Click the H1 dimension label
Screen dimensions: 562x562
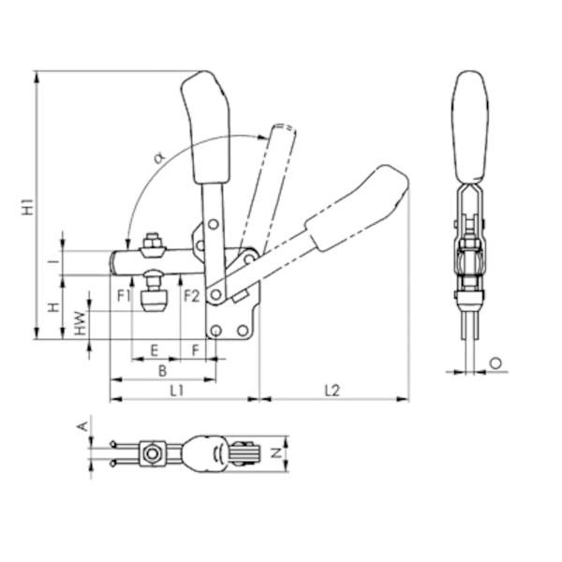coord(28,206)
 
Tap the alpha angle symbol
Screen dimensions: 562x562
coord(159,157)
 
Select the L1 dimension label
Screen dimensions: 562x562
coord(177,391)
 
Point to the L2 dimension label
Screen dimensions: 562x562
coord(333,391)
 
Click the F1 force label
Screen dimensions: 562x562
coord(124,296)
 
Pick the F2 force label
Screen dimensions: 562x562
coord(192,296)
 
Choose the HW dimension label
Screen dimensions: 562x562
coord(81,323)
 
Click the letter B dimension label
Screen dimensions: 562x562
coord(162,371)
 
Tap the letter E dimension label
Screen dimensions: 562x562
coord(155,350)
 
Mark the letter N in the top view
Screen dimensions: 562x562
coord(275,453)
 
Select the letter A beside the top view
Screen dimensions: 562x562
coord(82,426)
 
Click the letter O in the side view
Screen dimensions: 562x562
coord(495,363)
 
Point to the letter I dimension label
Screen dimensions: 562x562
coord(54,262)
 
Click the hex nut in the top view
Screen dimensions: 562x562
coord(152,454)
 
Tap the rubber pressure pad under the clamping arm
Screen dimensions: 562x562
coord(155,302)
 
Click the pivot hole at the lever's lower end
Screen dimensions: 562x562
coord(215,295)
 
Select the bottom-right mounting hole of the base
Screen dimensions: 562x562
coord(243,330)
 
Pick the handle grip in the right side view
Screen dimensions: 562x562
coord(471,126)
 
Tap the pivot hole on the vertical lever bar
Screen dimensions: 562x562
coord(214,225)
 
